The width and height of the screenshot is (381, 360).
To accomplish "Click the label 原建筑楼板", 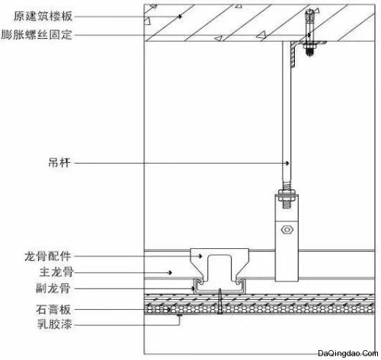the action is click(43, 17).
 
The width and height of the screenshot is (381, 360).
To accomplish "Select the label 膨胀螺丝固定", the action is click(37, 35).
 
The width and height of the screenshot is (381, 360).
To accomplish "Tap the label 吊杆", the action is click(59, 163).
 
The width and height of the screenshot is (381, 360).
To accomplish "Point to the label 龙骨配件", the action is click(47, 256).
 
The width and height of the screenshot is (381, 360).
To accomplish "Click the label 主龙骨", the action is click(56, 272).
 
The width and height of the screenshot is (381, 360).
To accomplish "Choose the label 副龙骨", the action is click(53, 288).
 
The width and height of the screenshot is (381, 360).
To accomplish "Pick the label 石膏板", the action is click(53, 310).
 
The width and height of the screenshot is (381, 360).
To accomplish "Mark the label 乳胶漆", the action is click(55, 324).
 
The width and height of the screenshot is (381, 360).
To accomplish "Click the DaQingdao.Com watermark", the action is click(348, 353).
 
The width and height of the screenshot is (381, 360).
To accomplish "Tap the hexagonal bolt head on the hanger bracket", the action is click(287, 230).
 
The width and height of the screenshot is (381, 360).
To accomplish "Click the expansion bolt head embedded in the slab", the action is click(310, 15).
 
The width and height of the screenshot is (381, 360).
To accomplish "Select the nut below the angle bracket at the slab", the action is click(309, 46).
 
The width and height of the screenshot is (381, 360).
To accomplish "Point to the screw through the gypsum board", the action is click(220, 301).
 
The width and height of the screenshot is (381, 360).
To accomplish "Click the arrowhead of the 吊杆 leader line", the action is click(287, 163).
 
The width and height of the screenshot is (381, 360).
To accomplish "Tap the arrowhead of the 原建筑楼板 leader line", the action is click(180, 17).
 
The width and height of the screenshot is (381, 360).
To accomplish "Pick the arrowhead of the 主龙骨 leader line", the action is click(171, 272).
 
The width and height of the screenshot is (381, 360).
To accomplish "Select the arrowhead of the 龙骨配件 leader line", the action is click(200, 256).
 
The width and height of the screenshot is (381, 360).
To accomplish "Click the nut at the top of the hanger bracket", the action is click(287, 193).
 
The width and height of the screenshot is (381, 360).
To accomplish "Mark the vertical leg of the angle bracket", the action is click(293, 55).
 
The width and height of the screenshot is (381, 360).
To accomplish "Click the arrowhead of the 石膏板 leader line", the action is click(169, 310).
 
